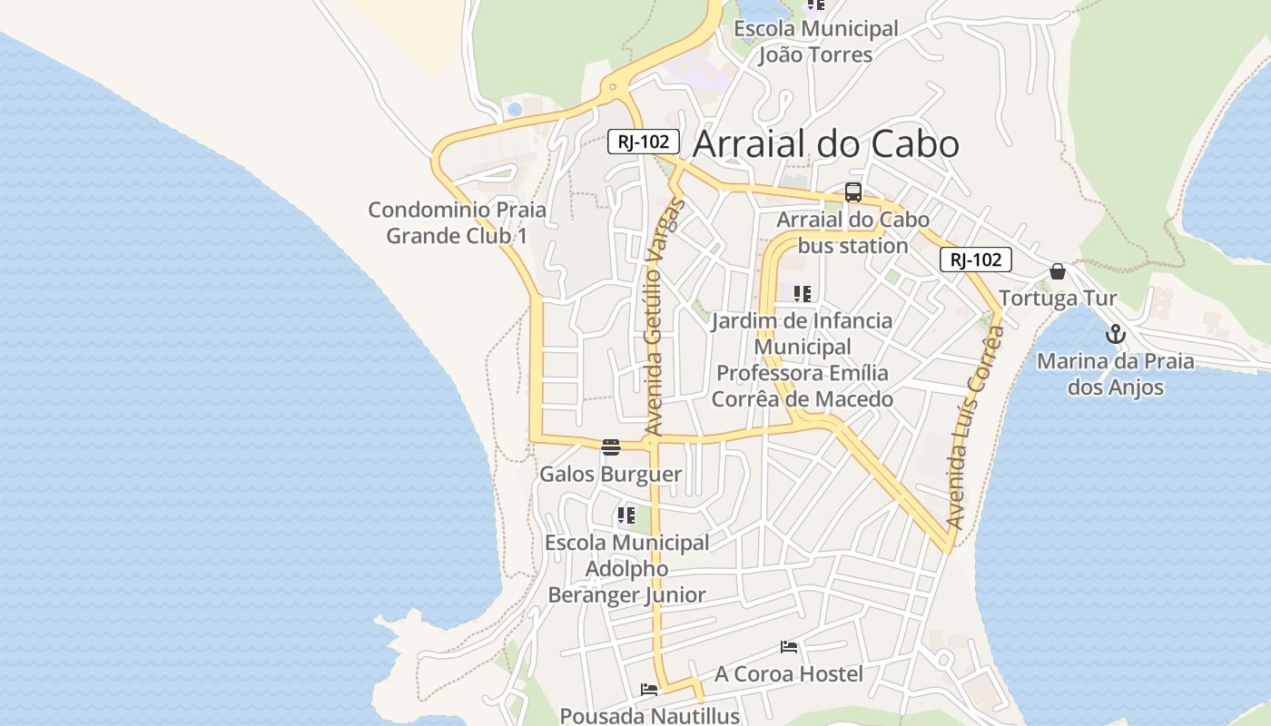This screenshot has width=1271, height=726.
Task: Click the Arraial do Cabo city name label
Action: pyautogui.click(x=826, y=144)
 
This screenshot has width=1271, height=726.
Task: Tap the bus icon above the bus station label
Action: pyautogui.click(x=853, y=191)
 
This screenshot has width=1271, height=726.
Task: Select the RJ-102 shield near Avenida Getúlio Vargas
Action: pyautogui.click(x=643, y=141)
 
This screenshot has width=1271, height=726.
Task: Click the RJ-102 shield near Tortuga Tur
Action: pyautogui.click(x=975, y=260)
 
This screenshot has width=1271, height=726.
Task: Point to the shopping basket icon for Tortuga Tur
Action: pyautogui.click(x=1058, y=271)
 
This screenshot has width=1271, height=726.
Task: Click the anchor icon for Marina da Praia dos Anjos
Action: pyautogui.click(x=1115, y=334)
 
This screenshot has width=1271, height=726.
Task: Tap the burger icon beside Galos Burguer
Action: pyautogui.click(x=610, y=446)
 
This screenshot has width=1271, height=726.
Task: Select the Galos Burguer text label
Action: pyautogui.click(x=610, y=475)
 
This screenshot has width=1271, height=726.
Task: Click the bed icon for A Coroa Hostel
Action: pyautogui.click(x=789, y=647)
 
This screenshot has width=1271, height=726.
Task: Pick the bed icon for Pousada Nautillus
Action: pyautogui.click(x=649, y=690)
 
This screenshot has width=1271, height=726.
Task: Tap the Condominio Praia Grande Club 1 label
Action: pyautogui.click(x=457, y=223)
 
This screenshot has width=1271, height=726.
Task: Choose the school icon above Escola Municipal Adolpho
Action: pyautogui.click(x=626, y=516)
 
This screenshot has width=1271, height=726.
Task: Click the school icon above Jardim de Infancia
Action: pyautogui.click(x=802, y=294)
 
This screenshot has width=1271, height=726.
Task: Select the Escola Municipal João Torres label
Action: pyautogui.click(x=815, y=42)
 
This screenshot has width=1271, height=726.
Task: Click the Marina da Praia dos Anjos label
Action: pyautogui.click(x=1115, y=374)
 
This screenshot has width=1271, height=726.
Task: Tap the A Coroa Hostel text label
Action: pyautogui.click(x=789, y=674)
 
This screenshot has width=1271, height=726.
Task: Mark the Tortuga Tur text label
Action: pyautogui.click(x=1058, y=299)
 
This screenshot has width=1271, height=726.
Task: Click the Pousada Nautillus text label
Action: pyautogui.click(x=649, y=715)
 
